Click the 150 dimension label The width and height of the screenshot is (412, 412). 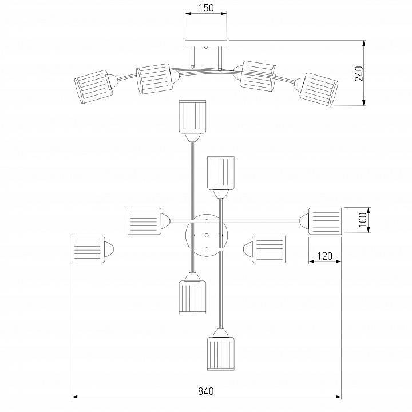coord(206,8)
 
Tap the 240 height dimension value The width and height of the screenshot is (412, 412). coord(359,74)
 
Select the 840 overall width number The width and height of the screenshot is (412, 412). coord(206,391)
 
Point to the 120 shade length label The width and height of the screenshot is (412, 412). coord(325,256)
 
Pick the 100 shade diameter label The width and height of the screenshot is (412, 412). coord(363,220)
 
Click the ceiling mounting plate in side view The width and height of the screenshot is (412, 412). coord(206,43)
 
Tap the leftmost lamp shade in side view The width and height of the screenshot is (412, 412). coord(93,87)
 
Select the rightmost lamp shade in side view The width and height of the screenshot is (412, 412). coord(319,90)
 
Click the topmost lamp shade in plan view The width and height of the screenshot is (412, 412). coord(192,117)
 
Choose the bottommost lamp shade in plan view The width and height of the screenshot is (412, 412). coord(221,354)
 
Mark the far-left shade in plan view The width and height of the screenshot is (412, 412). coord(88,249)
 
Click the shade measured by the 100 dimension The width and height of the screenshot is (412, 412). coord(325,221)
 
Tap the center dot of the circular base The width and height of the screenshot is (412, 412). coord(207,235)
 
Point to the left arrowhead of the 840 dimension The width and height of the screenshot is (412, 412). coord(74,397)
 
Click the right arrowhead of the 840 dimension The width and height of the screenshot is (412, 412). coord(338,397)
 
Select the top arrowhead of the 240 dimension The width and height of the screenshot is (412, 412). coord(364,43)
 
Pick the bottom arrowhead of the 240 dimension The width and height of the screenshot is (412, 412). coord(364,103)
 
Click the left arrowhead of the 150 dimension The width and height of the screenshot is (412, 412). coord(188,13)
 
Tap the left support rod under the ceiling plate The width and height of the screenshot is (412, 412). coord(193,57)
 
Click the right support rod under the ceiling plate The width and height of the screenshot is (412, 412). coord(220,58)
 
